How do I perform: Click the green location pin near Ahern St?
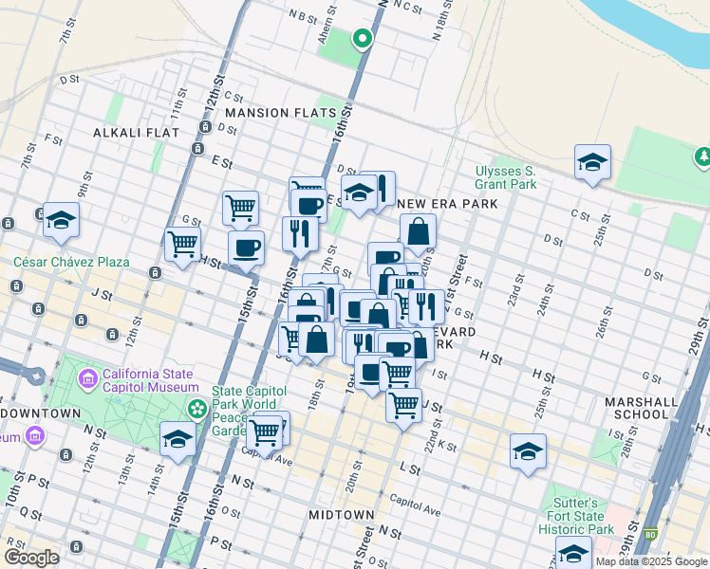362,39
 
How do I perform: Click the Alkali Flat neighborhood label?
136,133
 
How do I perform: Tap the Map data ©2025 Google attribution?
651,561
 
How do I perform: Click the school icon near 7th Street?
61,220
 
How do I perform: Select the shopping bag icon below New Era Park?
418,230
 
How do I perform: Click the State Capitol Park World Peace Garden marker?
197,409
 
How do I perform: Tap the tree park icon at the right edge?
702,155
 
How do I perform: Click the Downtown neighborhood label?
42,413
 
